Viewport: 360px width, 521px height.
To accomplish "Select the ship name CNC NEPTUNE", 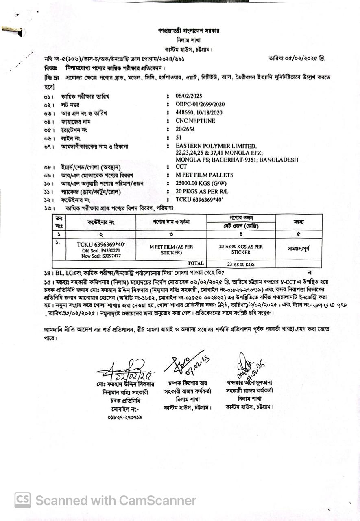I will click(x=195, y=121).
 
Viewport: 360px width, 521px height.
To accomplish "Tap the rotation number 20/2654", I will click(x=186, y=130).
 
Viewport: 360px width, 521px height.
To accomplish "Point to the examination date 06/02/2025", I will click(x=189, y=96).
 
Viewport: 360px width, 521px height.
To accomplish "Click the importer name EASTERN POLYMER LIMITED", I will click(x=216, y=146).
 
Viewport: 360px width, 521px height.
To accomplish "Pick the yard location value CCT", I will click(x=181, y=166).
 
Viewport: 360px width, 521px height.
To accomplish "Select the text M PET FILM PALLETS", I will click(x=205, y=175).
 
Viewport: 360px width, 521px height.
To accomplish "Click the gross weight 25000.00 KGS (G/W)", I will click(x=201, y=184).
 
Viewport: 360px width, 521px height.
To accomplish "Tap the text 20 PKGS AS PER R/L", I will click(x=202, y=192).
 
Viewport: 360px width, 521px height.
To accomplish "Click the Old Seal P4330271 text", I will click(x=101, y=250).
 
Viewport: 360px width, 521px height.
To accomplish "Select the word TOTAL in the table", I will click(x=196, y=263).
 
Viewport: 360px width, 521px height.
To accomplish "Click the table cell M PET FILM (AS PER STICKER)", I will click(x=171, y=250).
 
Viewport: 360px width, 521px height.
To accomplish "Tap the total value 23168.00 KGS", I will click(x=241, y=264).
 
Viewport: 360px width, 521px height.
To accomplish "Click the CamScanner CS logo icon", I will click(x=22, y=500).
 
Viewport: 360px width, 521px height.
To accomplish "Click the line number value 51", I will click(x=179, y=138).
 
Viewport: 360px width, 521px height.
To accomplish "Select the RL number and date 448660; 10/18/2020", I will click(x=199, y=113).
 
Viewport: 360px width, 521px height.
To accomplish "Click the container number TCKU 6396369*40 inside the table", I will click(x=101, y=244).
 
